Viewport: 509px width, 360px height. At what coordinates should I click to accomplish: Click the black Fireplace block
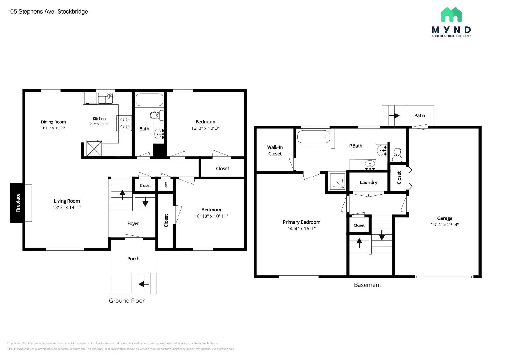pos(16,203)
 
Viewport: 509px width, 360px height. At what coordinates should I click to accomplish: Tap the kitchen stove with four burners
pos(125,123)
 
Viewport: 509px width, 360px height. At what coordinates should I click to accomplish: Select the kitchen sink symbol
pos(105,98)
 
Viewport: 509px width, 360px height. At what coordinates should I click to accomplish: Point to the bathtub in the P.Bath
pos(314,137)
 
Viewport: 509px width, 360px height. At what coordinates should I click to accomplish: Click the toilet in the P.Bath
pos(397,154)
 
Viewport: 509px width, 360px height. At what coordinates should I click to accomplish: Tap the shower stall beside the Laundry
pos(337,182)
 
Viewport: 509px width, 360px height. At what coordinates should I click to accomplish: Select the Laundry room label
pos(368,183)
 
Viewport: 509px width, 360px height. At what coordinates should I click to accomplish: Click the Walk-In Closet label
pos(275,150)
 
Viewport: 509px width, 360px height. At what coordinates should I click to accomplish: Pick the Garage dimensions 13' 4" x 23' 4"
pos(444,225)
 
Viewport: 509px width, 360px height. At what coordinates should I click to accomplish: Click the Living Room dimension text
pos(67,207)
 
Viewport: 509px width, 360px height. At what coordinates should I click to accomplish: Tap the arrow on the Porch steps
pos(144,284)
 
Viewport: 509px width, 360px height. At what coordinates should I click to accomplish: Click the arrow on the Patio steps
pos(394,116)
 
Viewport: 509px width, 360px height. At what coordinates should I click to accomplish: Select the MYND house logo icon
pos(451,15)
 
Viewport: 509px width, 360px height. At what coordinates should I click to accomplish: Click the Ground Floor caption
pos(127,301)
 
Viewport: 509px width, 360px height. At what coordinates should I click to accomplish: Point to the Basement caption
pos(367,285)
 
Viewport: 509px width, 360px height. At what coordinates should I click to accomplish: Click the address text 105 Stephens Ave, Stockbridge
pos(48,12)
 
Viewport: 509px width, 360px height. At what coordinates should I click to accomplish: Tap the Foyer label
pos(133,224)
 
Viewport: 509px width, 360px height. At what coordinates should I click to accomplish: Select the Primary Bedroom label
pos(301,222)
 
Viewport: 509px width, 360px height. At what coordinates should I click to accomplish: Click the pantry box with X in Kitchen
pos(94,149)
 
